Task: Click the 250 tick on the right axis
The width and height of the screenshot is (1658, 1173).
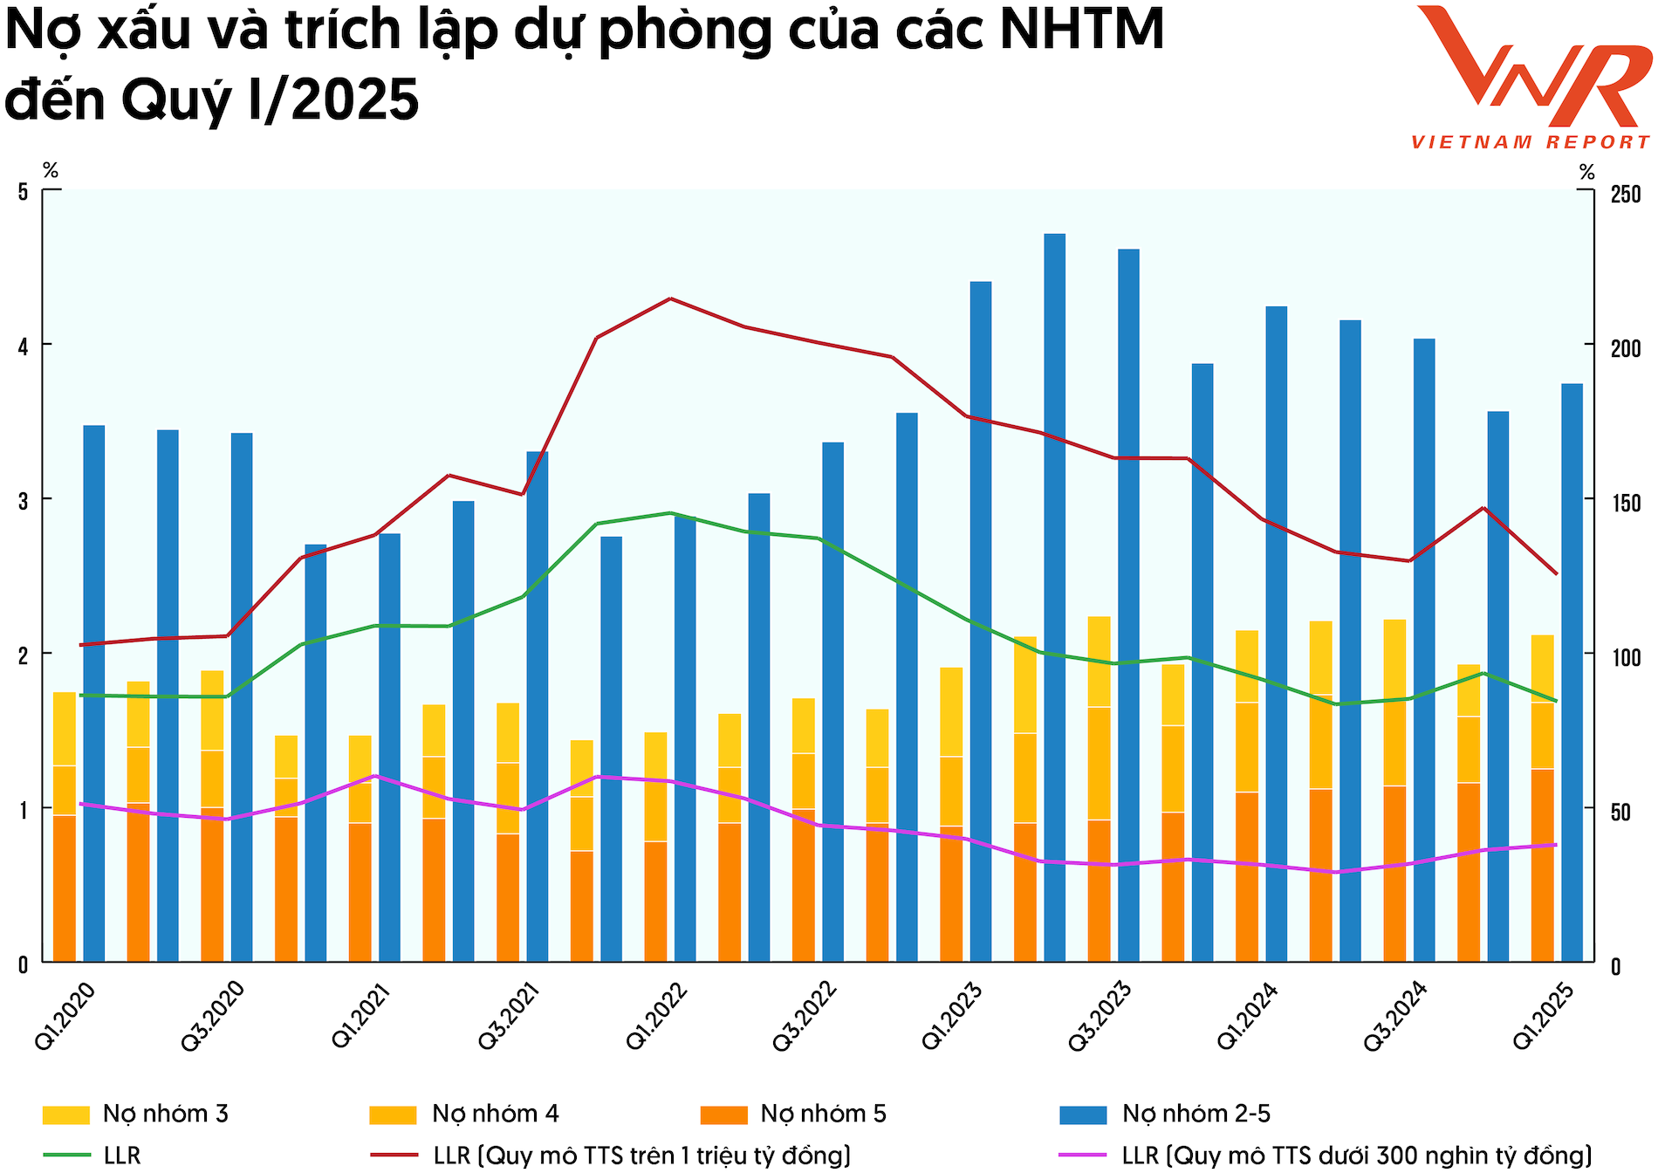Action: tap(1625, 194)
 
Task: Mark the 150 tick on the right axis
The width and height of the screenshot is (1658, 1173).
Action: tap(1625, 503)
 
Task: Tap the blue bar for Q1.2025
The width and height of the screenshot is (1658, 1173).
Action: tap(1572, 672)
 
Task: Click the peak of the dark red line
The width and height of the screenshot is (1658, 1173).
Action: tap(669, 299)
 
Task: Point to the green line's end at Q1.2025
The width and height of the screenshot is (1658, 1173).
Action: tap(1556, 700)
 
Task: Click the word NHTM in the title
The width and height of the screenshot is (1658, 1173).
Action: tap(1081, 30)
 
